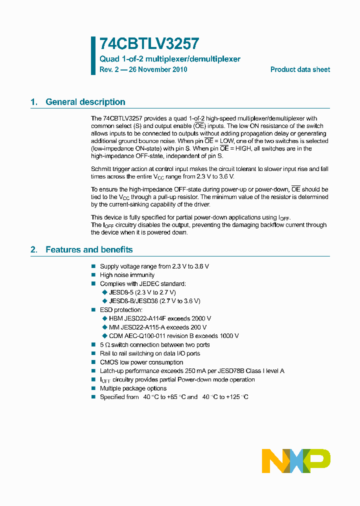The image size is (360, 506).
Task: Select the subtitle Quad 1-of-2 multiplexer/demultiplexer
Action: click(170, 59)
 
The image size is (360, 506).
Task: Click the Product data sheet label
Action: click(300, 69)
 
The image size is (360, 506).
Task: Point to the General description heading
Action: click(85, 102)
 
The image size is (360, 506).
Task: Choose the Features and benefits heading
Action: click(89, 249)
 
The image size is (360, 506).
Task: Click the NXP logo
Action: click(296, 460)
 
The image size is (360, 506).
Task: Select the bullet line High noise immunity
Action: click(127, 275)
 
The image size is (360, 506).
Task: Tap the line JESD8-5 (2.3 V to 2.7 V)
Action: click(142, 292)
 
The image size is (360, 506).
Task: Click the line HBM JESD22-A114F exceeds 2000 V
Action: click(159, 318)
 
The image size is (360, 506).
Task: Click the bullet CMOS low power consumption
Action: click(141, 362)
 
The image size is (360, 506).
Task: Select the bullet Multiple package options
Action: click(133, 388)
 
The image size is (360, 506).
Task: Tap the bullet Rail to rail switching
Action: click(150, 353)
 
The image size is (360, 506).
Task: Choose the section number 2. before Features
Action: click(34, 249)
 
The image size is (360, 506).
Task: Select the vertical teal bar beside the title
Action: click(93, 55)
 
